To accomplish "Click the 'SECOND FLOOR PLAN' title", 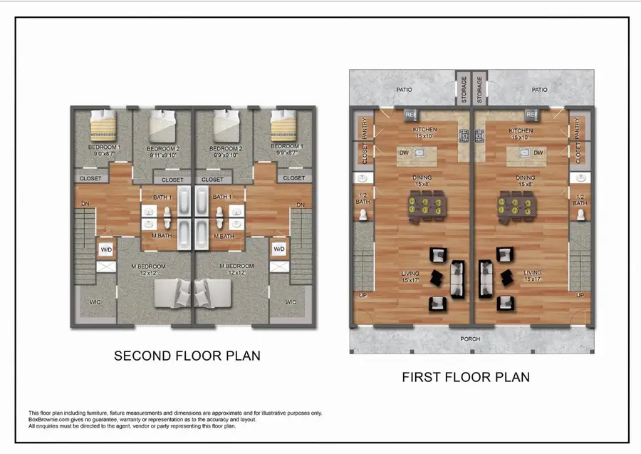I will (187, 356).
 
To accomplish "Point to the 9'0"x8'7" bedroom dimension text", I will (105, 154).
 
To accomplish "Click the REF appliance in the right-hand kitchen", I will (531, 115).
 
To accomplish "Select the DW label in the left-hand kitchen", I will (404, 153).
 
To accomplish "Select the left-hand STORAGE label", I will (462, 91).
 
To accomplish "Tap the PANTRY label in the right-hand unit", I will (576, 128).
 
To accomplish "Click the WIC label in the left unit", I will (95, 302).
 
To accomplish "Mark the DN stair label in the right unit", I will (300, 205).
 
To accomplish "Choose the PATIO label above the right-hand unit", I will (539, 90).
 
